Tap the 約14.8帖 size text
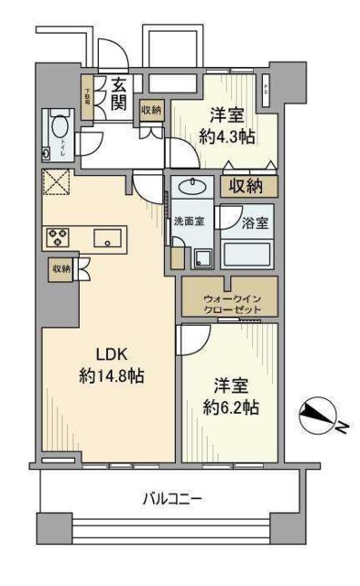108,375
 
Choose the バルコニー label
171,499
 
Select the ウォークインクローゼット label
224,302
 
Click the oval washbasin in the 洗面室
192,190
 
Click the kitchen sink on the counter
107,240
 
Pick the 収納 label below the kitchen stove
60,268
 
